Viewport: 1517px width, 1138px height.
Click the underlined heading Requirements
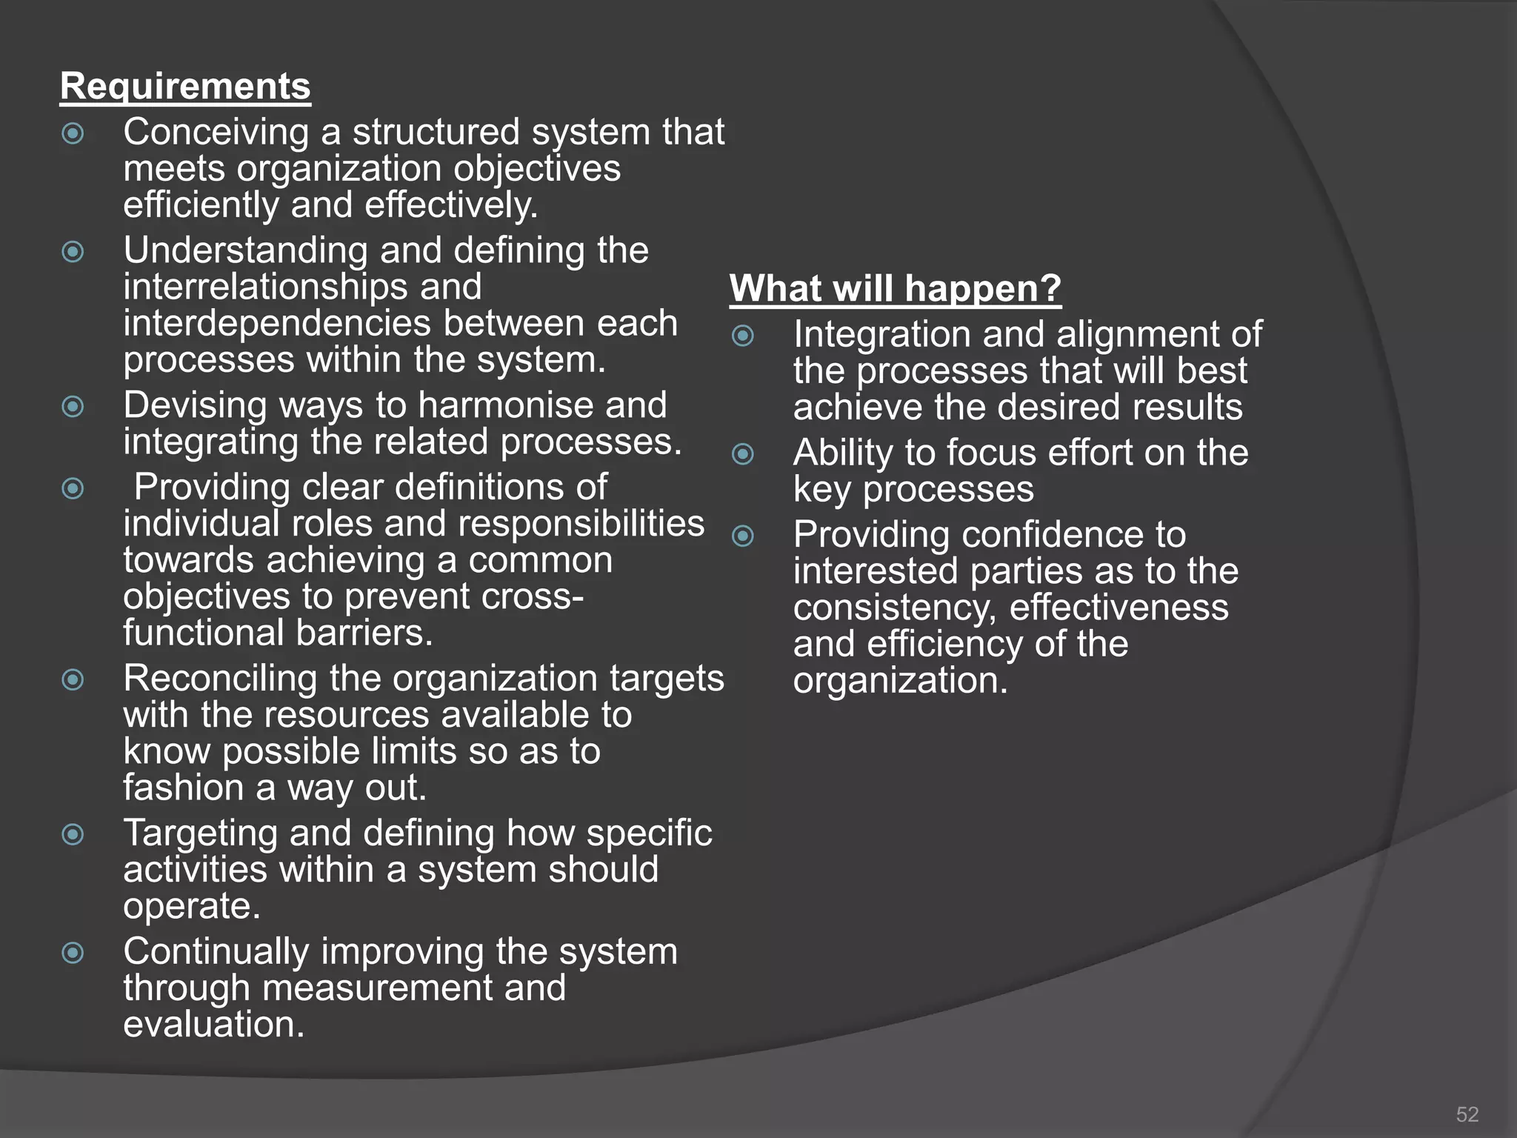185,87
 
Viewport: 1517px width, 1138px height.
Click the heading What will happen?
895,288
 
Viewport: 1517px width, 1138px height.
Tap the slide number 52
1467,1114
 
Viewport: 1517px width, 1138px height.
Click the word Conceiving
216,133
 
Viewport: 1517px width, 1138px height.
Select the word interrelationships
302,287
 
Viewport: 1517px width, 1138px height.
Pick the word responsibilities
581,524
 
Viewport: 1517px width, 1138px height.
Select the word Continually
216,952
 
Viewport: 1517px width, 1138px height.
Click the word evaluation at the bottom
213,1025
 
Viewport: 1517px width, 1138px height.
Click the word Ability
842,453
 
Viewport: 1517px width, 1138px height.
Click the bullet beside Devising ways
73,407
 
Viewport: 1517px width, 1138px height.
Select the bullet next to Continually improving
73,953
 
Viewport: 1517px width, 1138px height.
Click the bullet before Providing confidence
743,536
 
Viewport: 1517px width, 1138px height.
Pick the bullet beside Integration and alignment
743,336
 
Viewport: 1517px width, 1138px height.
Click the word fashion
183,788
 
